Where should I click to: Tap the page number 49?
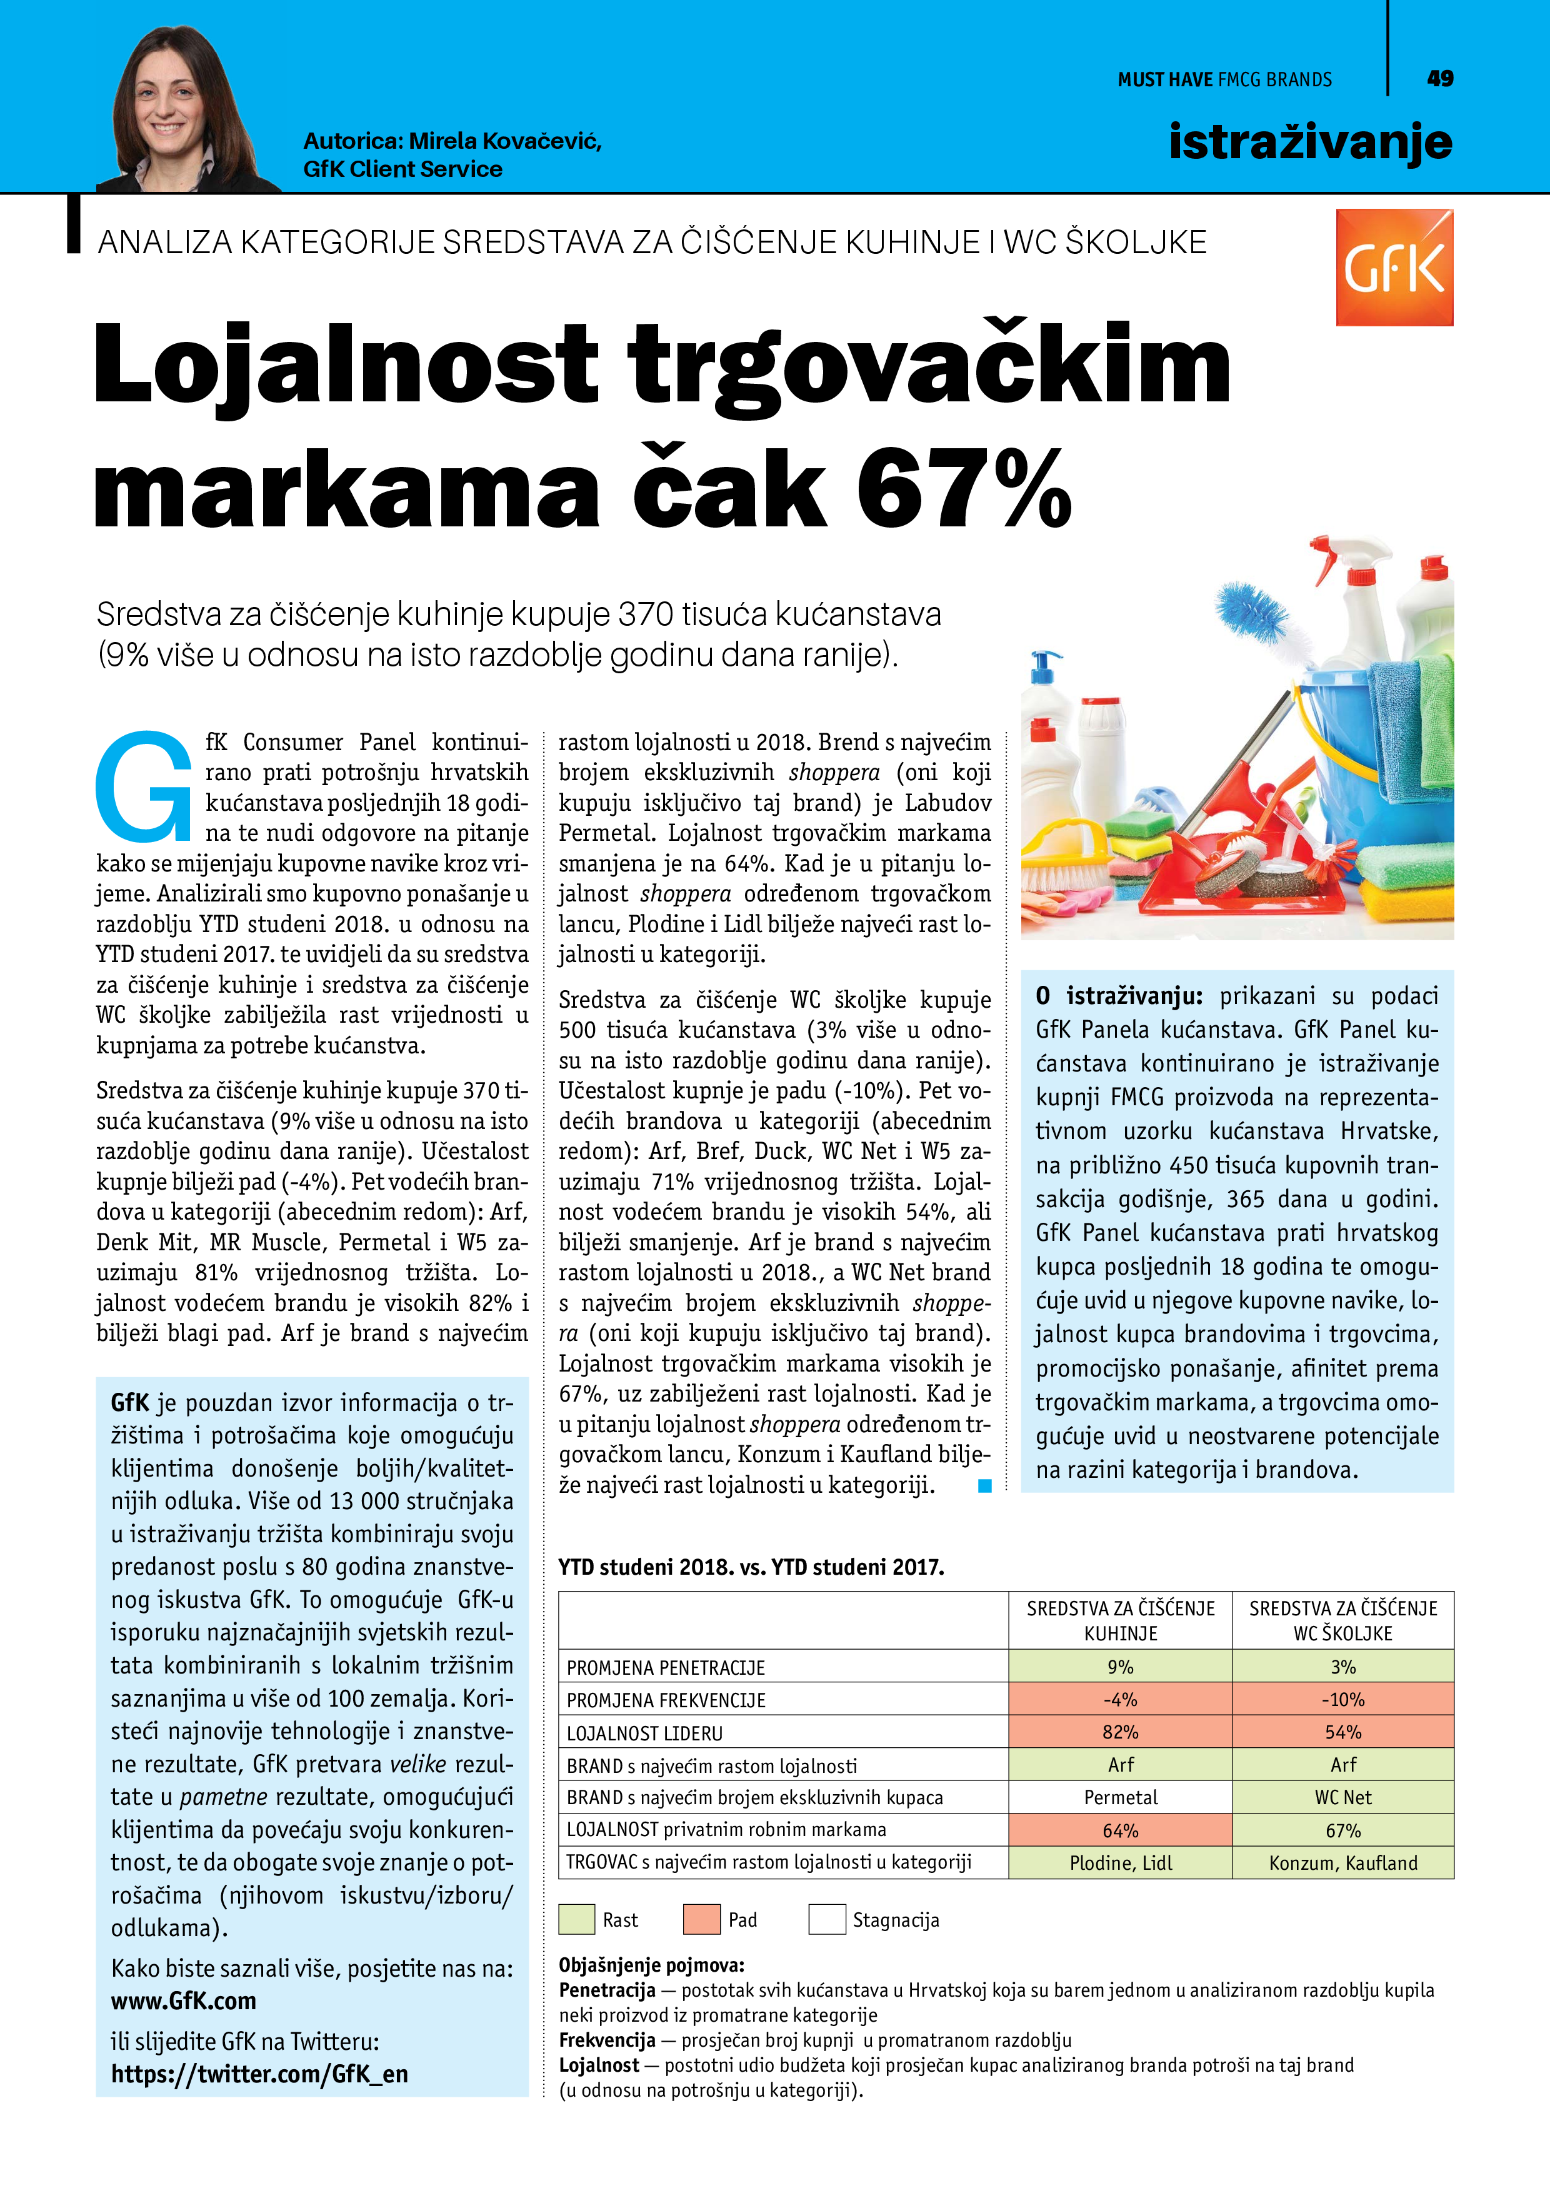[x=1439, y=78]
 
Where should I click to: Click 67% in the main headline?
[x=964, y=488]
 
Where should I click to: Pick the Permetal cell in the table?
[x=1119, y=1797]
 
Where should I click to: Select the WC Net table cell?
[x=1342, y=1797]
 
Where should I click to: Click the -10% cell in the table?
[x=1342, y=1700]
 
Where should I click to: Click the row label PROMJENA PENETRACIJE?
[x=666, y=1668]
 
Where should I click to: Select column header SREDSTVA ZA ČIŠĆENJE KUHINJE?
[x=1119, y=1621]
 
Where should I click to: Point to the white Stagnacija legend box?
[x=826, y=1920]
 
